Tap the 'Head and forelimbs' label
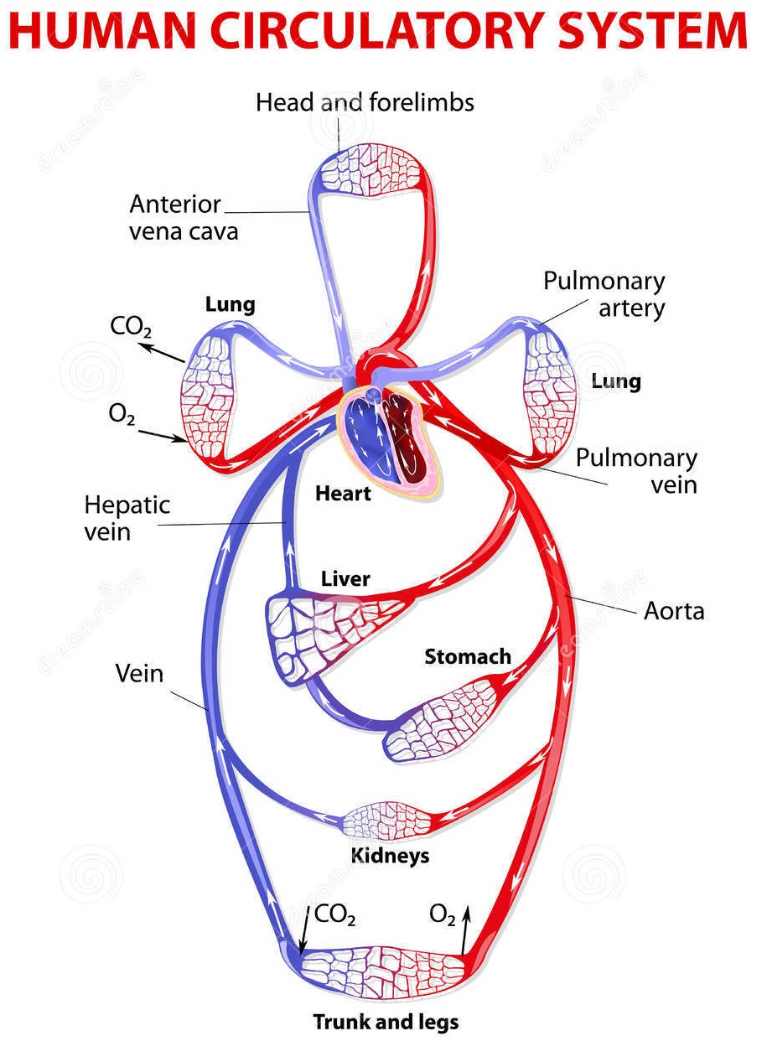[x=365, y=103]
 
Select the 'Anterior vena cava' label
[x=183, y=217]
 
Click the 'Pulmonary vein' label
[x=636, y=470]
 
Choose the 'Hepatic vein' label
[x=127, y=518]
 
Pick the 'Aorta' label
[x=673, y=611]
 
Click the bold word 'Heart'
[x=343, y=494]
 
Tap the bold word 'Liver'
[x=345, y=579]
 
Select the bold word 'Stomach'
[x=467, y=656]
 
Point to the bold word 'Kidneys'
[x=389, y=856]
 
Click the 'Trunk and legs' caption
[x=386, y=1022]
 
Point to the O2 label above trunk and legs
[x=443, y=914]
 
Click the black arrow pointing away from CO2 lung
[x=163, y=353]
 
